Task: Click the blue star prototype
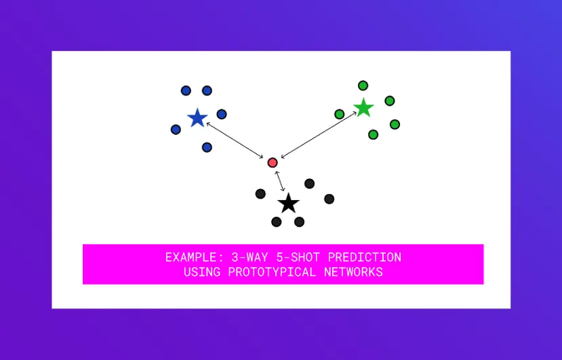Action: tap(197, 119)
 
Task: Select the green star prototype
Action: tap(364, 108)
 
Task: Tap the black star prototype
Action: tap(289, 203)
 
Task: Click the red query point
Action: tap(273, 163)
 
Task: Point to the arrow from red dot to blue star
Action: tap(235, 140)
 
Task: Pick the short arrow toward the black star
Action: tap(280, 181)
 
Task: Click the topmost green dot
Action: tap(363, 85)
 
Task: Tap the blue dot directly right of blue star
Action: tap(222, 114)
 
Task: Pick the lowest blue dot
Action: tap(207, 147)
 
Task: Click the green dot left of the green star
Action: tap(340, 114)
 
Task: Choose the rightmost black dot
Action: tap(329, 199)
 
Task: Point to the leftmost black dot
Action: tap(260, 194)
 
